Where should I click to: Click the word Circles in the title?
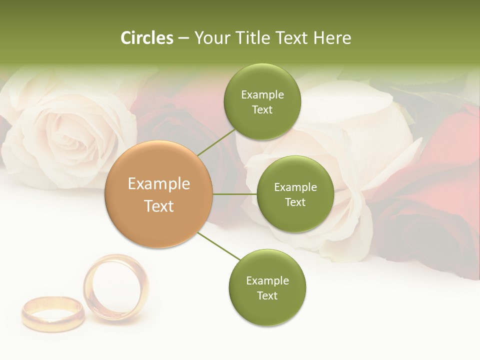click(x=147, y=38)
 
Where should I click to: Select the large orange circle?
click(x=159, y=194)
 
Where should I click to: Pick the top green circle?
click(x=262, y=102)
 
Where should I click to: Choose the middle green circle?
click(x=295, y=194)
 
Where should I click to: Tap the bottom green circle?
click(x=267, y=287)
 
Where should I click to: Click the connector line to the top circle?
click(x=216, y=142)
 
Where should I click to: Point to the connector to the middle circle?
click(x=235, y=194)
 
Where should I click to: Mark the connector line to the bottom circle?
click(x=219, y=246)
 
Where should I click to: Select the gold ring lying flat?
click(x=52, y=314)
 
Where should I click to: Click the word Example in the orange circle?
click(x=159, y=184)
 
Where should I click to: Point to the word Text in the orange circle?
click(x=159, y=206)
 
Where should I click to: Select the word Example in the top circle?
click(x=262, y=95)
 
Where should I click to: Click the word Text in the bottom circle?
click(x=267, y=295)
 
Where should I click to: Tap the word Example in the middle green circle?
click(x=295, y=187)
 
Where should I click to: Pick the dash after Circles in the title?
click(x=183, y=38)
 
